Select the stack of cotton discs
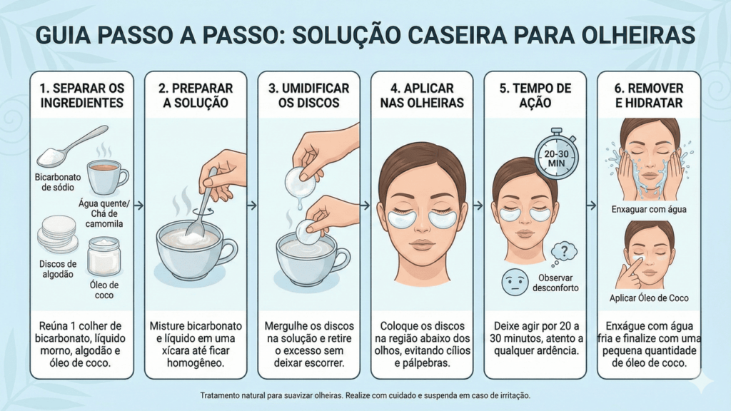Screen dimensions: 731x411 click(x=57, y=234)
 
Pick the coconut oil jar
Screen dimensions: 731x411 click(x=104, y=256)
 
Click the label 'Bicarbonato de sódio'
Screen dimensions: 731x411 click(x=58, y=182)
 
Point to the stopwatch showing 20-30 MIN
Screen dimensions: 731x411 click(x=556, y=154)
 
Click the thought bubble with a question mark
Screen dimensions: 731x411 click(x=564, y=254)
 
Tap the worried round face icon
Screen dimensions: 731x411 click(x=515, y=282)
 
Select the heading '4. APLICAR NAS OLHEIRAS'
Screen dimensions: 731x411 click(x=422, y=96)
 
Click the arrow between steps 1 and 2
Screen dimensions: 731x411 click(x=139, y=205)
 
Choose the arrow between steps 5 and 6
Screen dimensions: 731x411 click(x=592, y=205)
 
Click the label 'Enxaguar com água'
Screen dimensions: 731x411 click(x=649, y=210)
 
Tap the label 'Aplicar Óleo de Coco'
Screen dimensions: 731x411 click(x=649, y=298)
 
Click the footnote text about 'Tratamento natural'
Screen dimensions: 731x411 click(x=365, y=395)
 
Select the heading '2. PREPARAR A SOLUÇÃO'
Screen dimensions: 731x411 click(x=196, y=96)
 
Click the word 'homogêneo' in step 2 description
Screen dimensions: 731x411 click(x=196, y=363)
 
